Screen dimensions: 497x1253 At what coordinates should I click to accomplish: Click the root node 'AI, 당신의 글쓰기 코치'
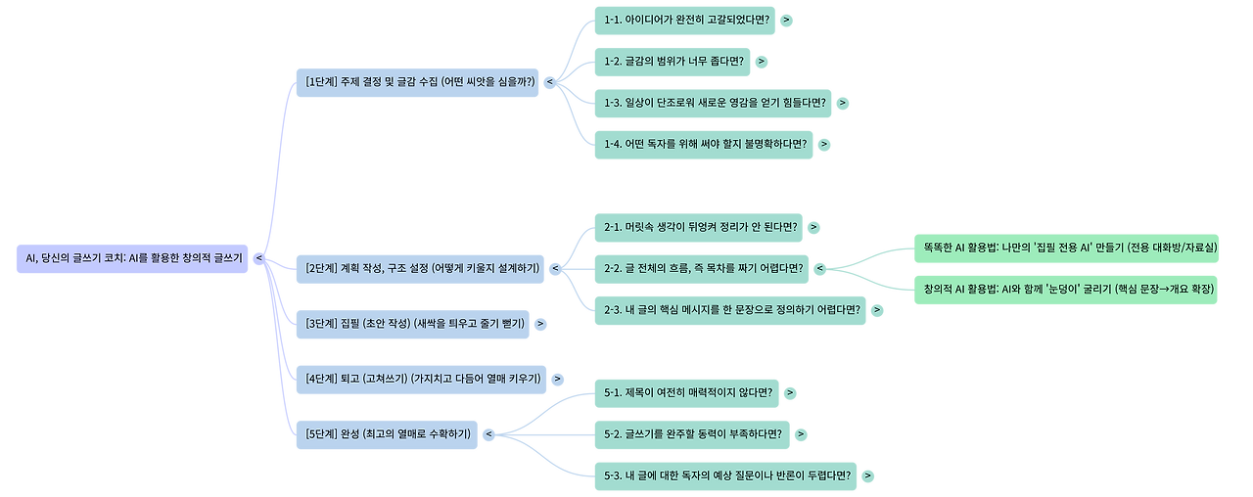pos(132,258)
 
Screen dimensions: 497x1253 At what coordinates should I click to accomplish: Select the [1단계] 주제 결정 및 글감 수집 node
pos(420,82)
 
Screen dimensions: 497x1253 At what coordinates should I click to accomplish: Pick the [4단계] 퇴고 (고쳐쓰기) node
pos(422,379)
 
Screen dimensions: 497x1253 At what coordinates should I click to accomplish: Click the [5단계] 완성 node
pos(387,433)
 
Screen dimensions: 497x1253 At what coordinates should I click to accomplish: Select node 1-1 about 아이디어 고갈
pos(684,20)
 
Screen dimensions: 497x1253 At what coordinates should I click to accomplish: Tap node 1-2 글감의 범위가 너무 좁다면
pos(673,61)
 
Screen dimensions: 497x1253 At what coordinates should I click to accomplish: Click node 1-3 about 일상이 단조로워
pos(714,103)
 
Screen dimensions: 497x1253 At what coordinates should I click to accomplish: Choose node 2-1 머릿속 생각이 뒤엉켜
pos(699,227)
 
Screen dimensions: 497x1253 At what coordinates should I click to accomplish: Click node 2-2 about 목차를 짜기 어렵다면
pos(702,268)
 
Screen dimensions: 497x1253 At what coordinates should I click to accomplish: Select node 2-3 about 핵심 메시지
pos(730,310)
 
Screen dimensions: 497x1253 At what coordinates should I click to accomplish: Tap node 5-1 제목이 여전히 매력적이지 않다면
pos(687,393)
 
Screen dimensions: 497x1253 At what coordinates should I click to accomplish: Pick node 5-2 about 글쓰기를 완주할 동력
pos(692,434)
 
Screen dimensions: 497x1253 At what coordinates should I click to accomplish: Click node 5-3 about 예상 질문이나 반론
pos(725,476)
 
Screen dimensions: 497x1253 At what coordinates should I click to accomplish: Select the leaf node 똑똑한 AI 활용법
pos(1066,248)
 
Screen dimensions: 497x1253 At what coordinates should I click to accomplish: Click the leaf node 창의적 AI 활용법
pos(1066,290)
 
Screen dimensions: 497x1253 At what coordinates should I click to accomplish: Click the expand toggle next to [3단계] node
pos(540,324)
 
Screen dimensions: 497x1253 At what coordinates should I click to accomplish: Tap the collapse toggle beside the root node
pos(259,258)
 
